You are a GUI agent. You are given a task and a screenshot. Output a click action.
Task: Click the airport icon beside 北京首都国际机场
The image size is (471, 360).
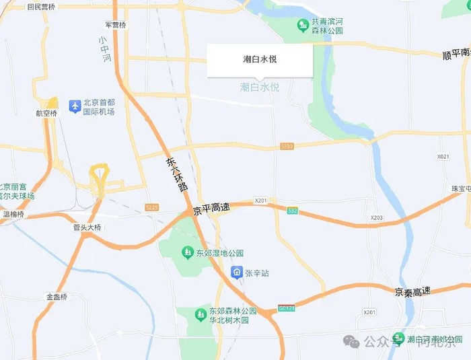(75, 106)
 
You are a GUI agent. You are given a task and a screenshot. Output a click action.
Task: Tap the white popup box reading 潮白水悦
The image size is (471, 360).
(259, 59)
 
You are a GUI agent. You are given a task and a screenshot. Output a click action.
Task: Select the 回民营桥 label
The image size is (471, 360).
(42, 7)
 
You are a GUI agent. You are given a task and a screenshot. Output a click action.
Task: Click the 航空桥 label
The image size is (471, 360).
(46, 113)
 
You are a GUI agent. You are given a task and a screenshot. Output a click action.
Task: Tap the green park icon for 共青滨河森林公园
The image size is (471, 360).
(303, 26)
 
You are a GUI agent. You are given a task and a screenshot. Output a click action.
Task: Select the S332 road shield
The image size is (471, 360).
(287, 146)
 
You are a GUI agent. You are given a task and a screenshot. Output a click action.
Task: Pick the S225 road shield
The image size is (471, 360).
(151, 208)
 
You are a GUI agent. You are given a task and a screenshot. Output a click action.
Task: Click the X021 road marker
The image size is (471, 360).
(443, 156)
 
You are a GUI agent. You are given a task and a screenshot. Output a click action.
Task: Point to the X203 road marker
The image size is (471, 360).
(376, 218)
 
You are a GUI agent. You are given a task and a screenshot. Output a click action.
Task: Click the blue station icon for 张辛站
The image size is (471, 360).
(237, 273)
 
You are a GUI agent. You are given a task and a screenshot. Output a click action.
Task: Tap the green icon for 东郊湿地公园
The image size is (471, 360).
(188, 253)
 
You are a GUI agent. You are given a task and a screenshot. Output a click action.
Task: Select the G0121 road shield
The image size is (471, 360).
(287, 309)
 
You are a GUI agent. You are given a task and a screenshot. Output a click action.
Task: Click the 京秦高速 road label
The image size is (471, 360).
(412, 292)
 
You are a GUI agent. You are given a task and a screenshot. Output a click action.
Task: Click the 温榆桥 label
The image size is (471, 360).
(13, 215)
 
